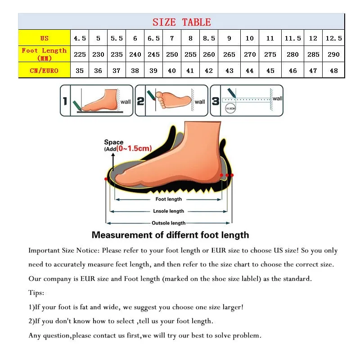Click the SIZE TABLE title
pos(181,22)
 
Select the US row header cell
pos(44,38)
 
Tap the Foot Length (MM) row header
pos(44,54)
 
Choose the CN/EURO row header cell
pos(44,70)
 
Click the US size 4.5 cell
pos(80,38)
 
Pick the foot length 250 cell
pos(172,54)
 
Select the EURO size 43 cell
pos(229,71)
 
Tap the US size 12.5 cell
pos(333,38)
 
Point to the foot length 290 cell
pos(333,54)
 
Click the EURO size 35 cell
pos(80,71)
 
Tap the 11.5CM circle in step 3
pos(230,109)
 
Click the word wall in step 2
pos(200,102)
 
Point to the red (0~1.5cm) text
pos(134,148)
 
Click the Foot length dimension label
pos(169,199)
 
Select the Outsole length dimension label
pos(169,223)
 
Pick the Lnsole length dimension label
pos(169,211)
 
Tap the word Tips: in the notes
pos(36,293)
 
